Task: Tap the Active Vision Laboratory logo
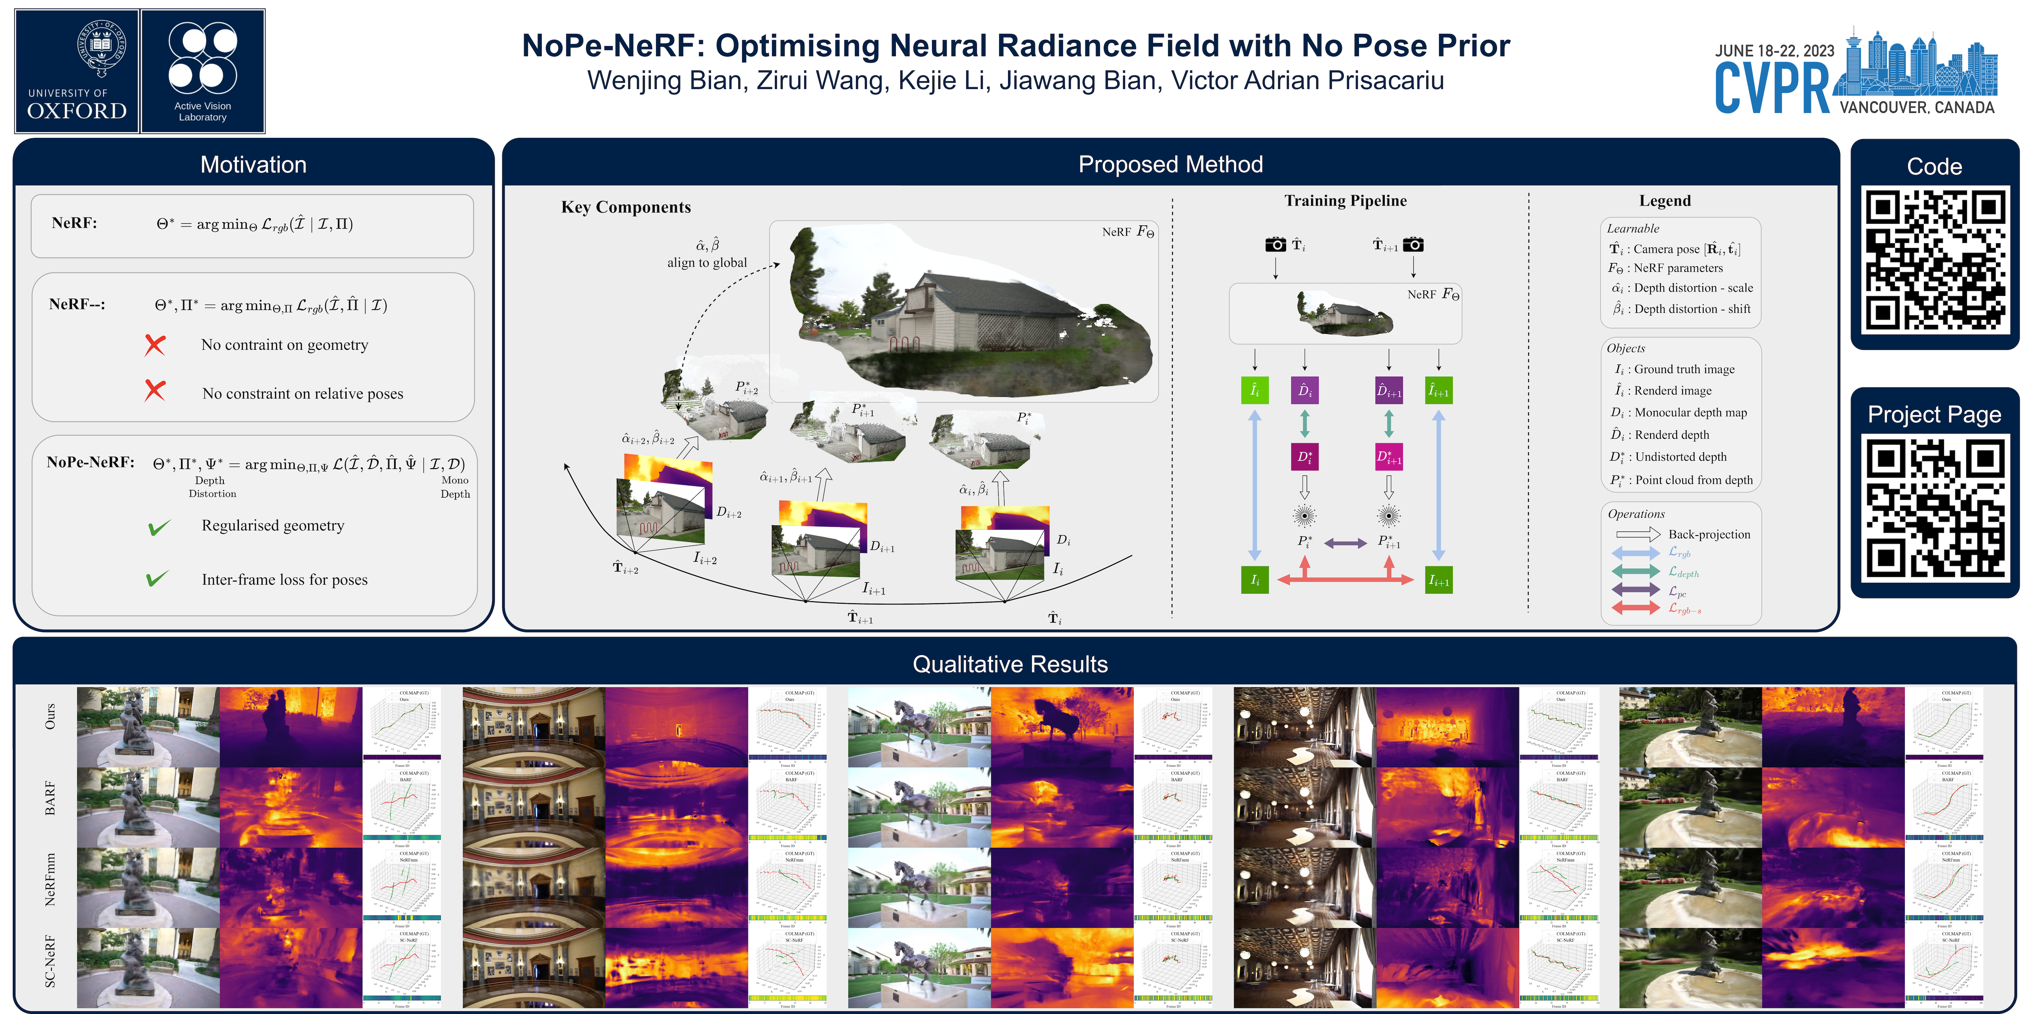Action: [x=202, y=71]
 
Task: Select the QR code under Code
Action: [x=1934, y=260]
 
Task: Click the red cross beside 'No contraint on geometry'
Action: [x=155, y=345]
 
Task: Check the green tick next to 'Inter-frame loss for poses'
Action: [x=157, y=579]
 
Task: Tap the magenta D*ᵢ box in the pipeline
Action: [x=1304, y=457]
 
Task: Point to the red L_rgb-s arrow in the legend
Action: [x=1636, y=608]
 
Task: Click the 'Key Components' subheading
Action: [x=626, y=207]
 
